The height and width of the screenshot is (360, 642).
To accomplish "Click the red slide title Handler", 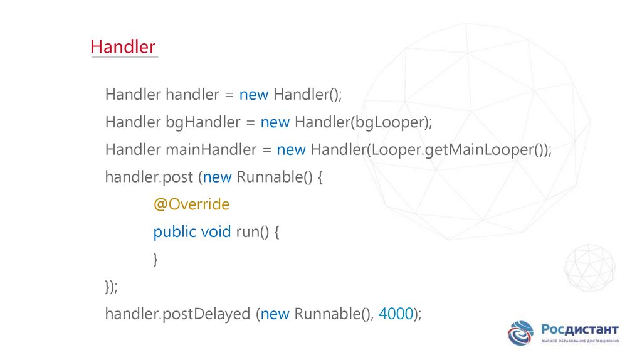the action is (123, 47).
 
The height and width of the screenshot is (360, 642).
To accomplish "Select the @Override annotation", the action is (191, 204).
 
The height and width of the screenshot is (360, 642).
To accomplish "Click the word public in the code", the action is (174, 232).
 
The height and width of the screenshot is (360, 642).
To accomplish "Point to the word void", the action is (216, 232).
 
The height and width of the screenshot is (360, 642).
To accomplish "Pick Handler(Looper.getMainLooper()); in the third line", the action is (431, 150).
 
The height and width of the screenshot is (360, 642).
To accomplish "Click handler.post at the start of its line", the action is (149, 177).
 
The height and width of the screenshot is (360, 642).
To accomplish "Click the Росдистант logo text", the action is (580, 330).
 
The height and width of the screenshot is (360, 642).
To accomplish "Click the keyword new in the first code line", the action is (254, 95).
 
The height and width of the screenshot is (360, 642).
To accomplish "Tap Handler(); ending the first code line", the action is (307, 95).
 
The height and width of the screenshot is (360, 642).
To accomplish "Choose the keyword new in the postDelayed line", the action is (275, 314).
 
